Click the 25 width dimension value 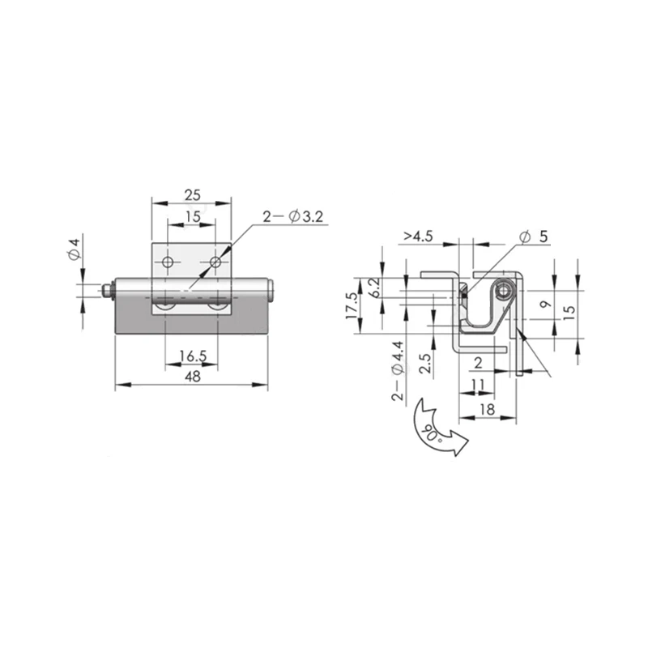point(192,194)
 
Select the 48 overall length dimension point(193,377)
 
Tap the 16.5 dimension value point(193,356)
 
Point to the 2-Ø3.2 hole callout point(293,216)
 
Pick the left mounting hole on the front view point(168,262)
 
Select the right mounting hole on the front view point(215,262)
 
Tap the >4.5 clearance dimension point(418,236)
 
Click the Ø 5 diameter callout point(535,237)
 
